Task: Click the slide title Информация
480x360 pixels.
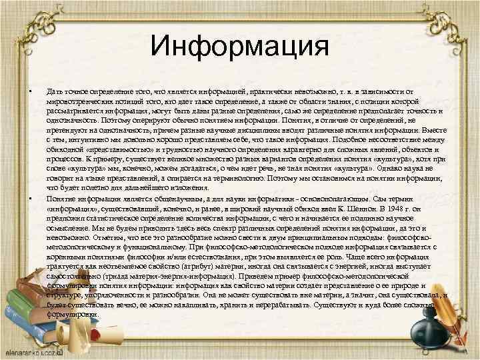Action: pos(240,47)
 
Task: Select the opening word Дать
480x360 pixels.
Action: pos(53,89)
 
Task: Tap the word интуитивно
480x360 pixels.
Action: pos(95,141)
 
